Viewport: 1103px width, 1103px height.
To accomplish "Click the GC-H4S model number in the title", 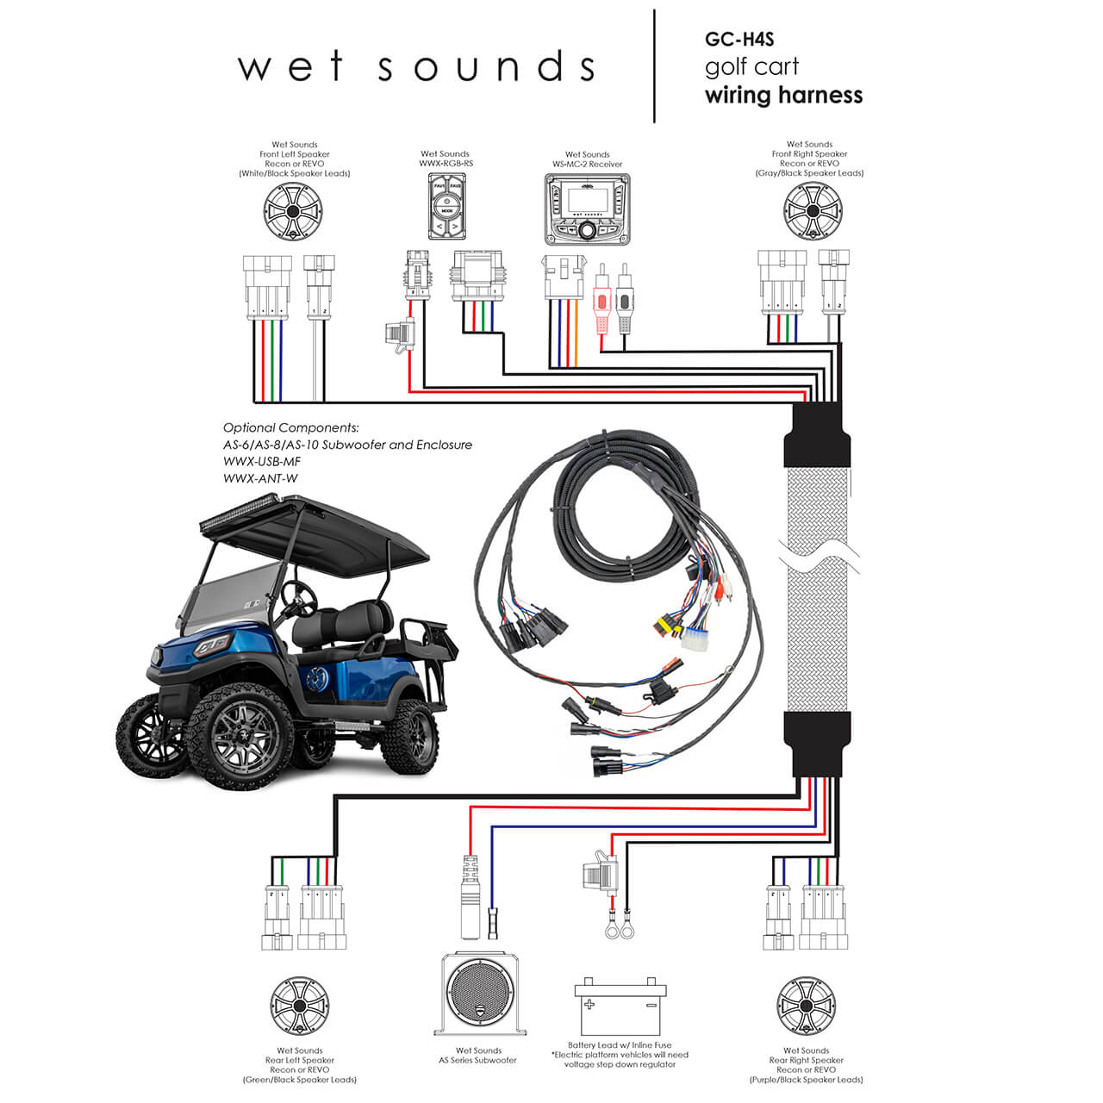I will point(739,39).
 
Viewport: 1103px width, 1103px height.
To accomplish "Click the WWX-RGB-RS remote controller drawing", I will point(446,206).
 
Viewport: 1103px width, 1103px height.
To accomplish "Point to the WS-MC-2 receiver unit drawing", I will point(587,206).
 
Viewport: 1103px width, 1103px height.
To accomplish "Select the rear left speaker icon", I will point(300,1006).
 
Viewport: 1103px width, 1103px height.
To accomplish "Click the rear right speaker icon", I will point(806,1006).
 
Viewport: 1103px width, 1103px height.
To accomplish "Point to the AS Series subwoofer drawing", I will point(479,994).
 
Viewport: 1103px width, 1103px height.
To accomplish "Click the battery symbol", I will point(620,1008).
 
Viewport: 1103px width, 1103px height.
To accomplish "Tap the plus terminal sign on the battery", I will point(589,1005).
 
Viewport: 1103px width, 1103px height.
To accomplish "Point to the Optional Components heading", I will point(290,427).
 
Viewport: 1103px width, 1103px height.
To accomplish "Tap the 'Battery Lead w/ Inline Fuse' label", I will point(620,1045).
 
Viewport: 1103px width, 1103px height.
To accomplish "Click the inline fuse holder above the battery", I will point(599,879).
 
